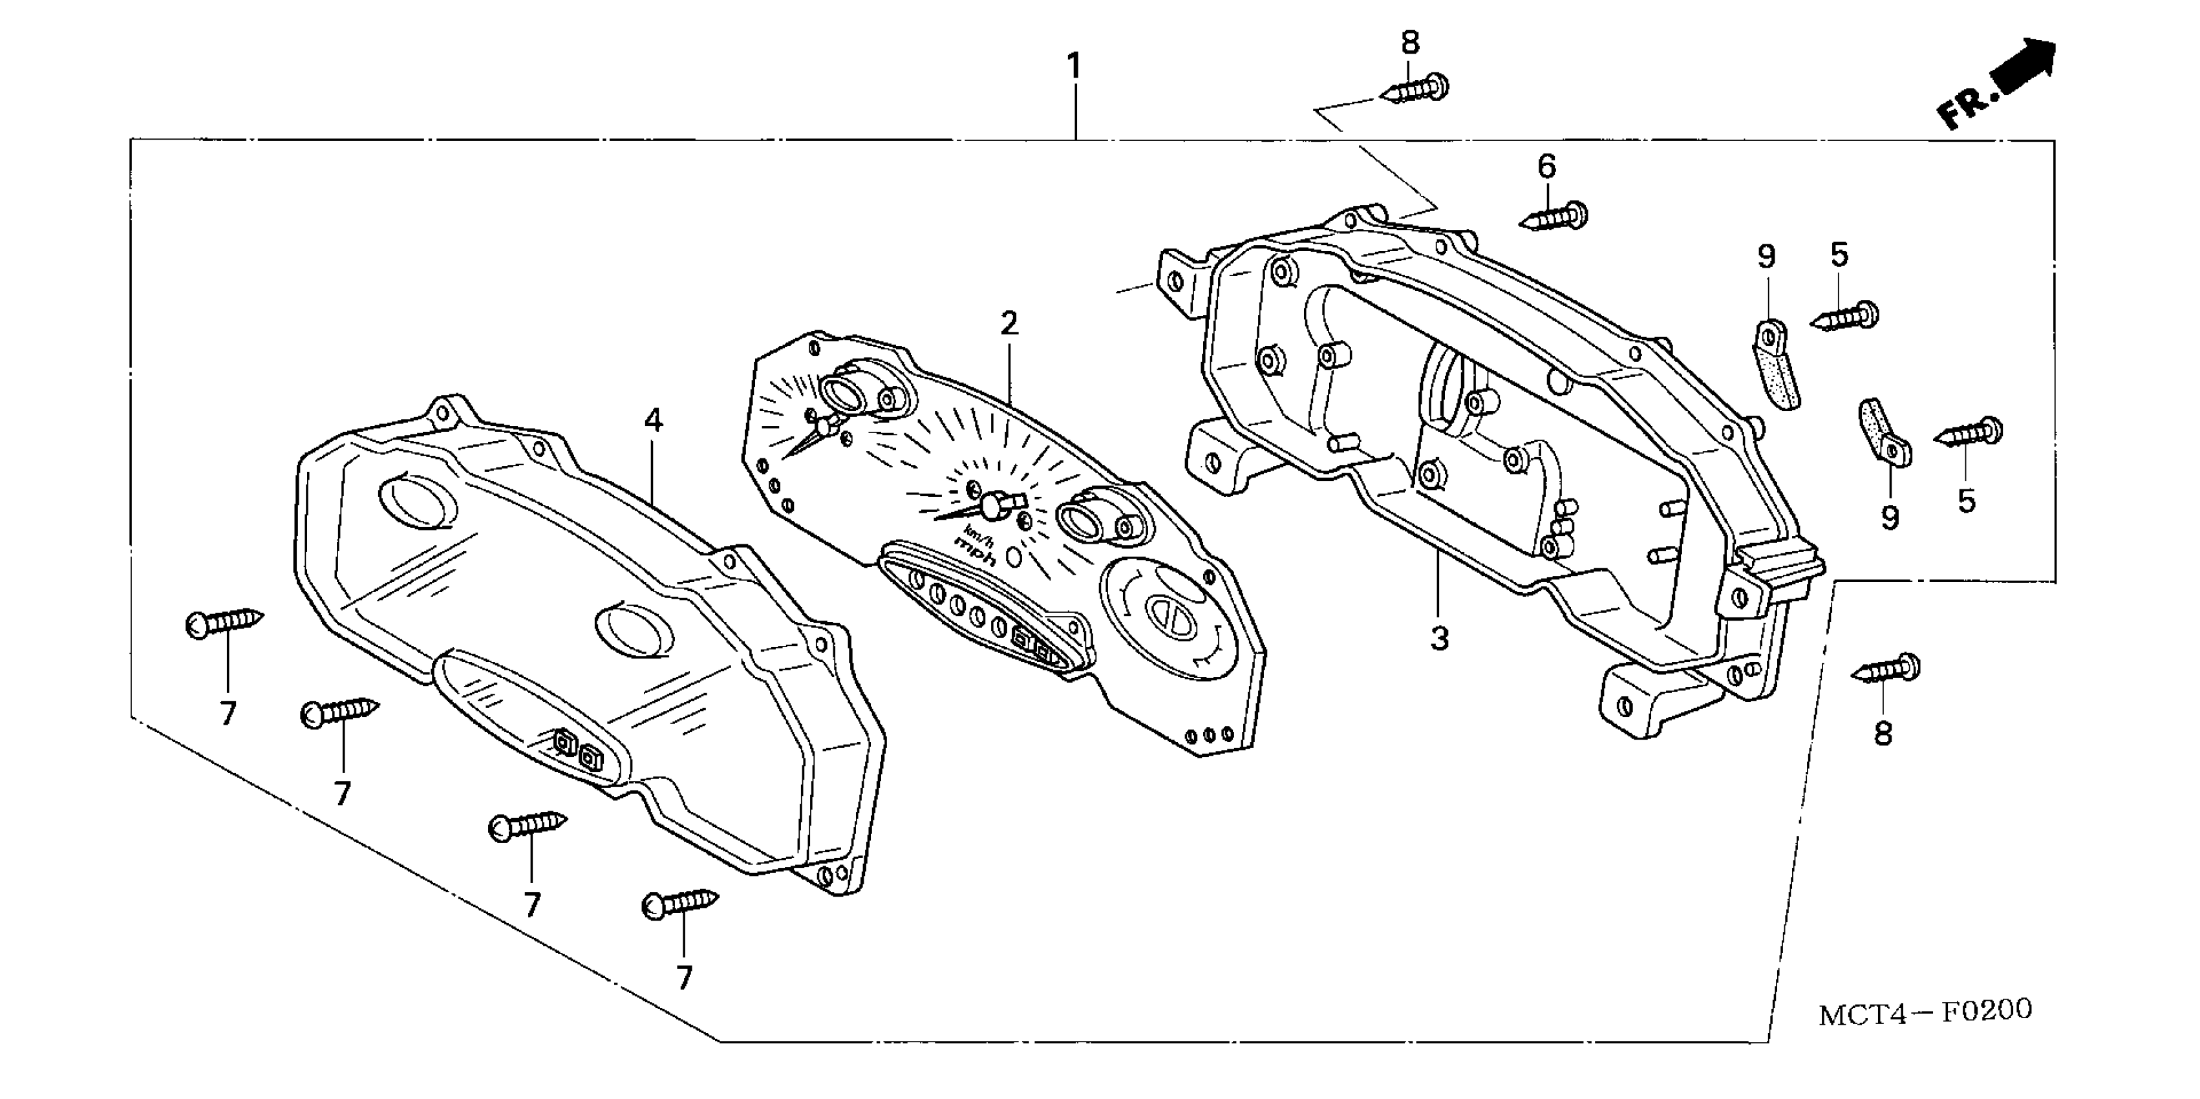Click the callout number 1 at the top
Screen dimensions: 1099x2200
click(1074, 67)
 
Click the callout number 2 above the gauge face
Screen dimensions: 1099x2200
click(1009, 324)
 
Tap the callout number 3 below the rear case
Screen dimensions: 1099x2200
click(1440, 638)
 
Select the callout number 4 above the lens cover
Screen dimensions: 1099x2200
click(654, 420)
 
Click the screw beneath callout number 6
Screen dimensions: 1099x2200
click(1554, 218)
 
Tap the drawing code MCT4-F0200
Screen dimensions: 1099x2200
click(1925, 1012)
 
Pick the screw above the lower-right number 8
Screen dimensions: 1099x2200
click(1886, 670)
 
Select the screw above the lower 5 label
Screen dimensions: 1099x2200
click(1969, 434)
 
